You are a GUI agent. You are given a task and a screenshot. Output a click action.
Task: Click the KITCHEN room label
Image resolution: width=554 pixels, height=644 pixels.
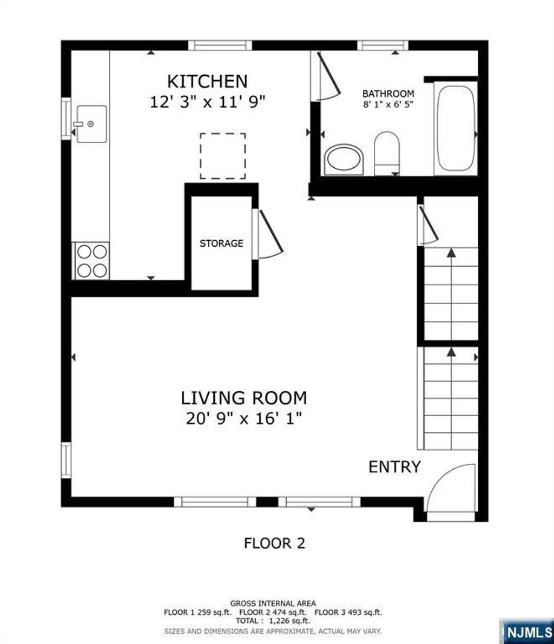point(207,81)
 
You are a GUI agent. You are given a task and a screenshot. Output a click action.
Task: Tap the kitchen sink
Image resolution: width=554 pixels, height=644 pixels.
point(91,124)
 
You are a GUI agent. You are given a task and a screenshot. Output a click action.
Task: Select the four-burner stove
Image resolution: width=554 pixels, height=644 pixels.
point(91,260)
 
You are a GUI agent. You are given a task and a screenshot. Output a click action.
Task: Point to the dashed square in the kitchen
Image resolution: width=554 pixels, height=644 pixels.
point(222,156)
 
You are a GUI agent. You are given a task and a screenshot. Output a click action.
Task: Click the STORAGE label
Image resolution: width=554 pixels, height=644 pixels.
point(221,244)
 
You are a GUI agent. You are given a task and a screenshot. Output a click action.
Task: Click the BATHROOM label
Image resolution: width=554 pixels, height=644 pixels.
point(388,94)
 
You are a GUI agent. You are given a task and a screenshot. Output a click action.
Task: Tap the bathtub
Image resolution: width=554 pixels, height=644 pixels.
point(456,128)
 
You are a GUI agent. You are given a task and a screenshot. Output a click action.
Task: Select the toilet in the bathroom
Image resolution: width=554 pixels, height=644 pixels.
point(386,152)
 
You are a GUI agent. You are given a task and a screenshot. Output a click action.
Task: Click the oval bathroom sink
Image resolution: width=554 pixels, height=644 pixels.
point(345,159)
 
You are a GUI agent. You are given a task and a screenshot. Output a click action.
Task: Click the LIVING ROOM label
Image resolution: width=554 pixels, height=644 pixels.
point(243,398)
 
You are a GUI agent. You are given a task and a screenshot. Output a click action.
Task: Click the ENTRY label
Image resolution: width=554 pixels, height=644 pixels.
point(394,466)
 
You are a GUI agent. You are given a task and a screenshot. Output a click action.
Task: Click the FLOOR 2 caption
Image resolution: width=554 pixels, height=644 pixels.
point(274,543)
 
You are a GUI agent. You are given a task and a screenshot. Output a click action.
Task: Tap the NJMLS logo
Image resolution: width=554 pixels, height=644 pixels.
point(527,631)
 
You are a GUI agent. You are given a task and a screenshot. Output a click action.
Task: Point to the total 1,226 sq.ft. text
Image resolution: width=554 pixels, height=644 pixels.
point(273,621)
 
